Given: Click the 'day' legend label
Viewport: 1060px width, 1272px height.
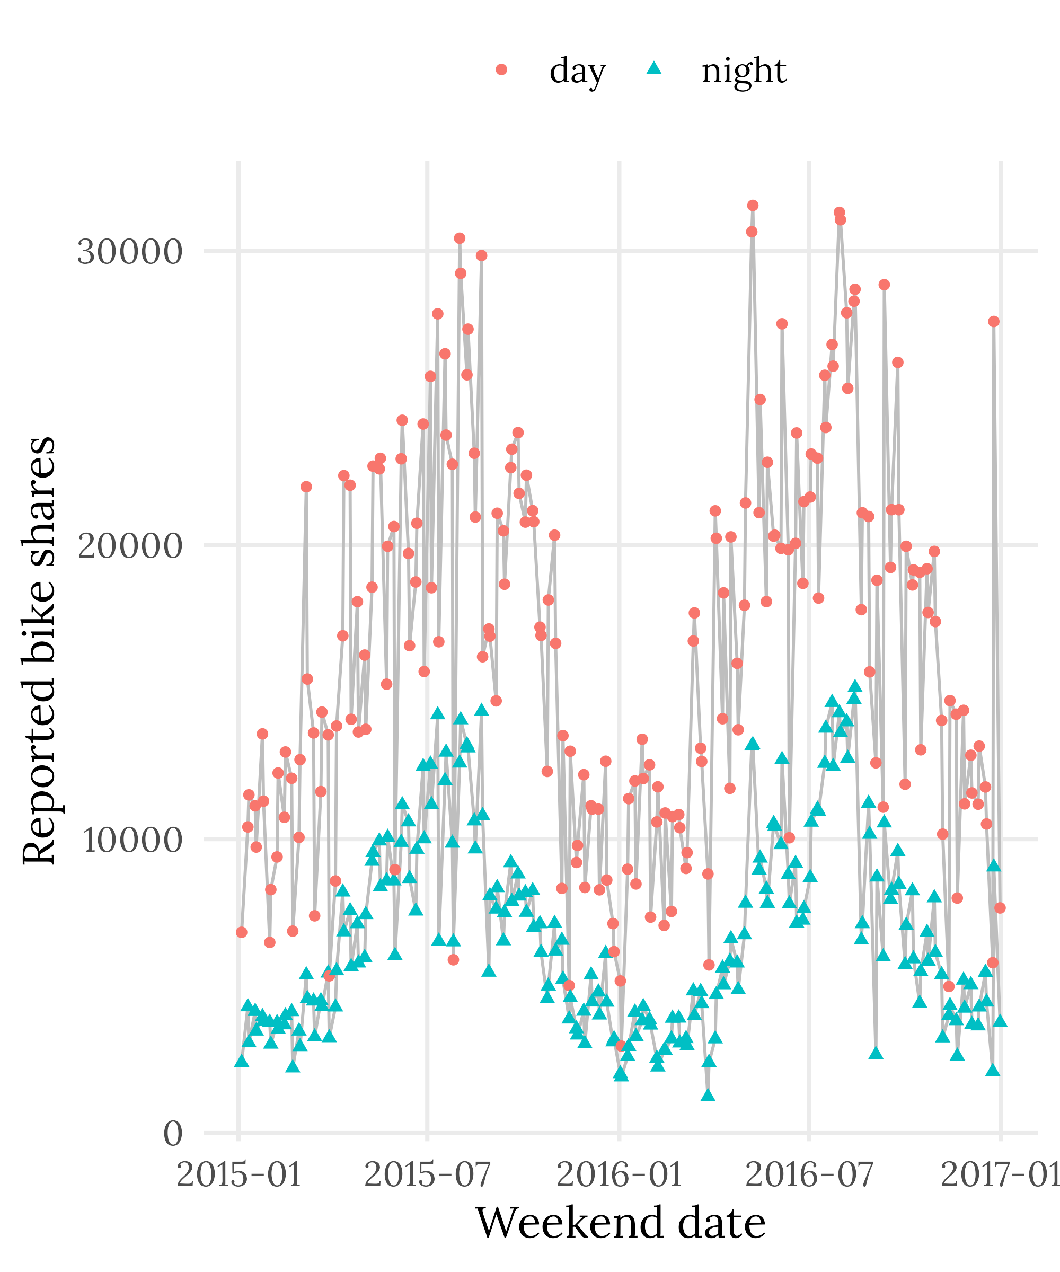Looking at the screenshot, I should pyautogui.click(x=577, y=72).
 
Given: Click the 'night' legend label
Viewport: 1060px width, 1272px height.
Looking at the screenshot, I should pyautogui.click(x=743, y=72).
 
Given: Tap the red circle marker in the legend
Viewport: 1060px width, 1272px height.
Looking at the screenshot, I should pyautogui.click(x=501, y=69).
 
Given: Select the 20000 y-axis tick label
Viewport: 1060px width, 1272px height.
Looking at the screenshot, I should pyautogui.click(x=130, y=545).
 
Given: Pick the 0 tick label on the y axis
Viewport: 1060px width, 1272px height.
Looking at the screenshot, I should pyautogui.click(x=173, y=1133).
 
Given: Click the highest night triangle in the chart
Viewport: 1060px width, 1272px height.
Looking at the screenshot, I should pyautogui.click(x=855, y=686).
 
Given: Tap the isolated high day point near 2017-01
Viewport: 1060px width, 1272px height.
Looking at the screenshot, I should pyautogui.click(x=993, y=322).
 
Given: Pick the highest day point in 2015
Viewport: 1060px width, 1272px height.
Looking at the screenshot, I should pyautogui.click(x=460, y=238).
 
